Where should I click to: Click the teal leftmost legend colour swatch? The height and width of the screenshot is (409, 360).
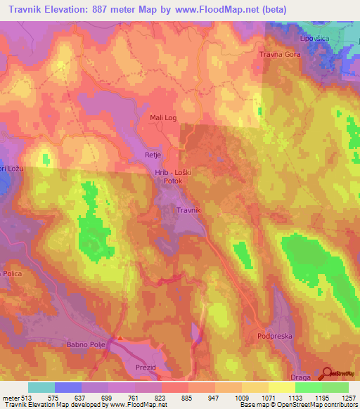[41, 387]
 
